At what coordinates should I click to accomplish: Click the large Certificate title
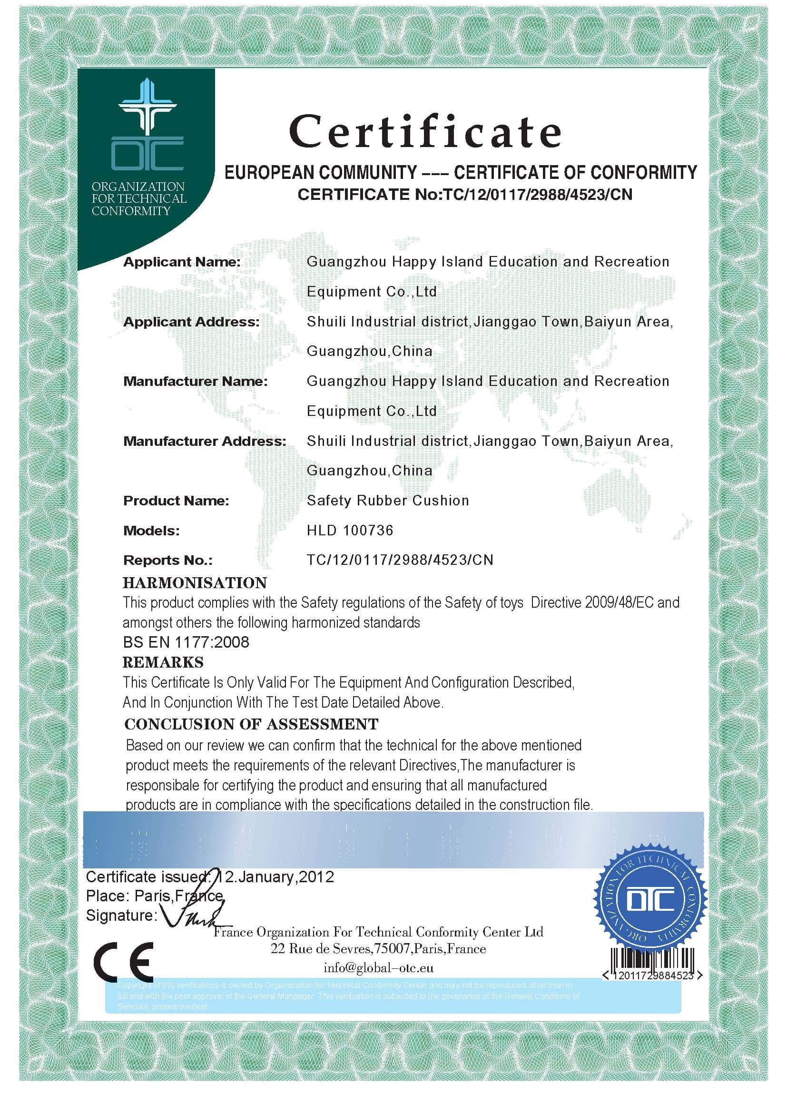coord(425,132)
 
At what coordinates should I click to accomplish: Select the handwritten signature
coord(194,917)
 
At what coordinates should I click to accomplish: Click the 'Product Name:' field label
coord(176,501)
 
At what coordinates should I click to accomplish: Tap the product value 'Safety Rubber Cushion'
coord(388,501)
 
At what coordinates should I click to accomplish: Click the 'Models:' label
coord(151,531)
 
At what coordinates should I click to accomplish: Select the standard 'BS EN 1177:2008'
coord(186,642)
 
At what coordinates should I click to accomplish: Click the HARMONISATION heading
coord(195,583)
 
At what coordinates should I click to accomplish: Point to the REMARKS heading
coord(163,662)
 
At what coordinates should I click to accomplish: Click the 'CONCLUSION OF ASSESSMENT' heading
coord(251,724)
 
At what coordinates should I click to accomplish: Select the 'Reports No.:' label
coord(167,561)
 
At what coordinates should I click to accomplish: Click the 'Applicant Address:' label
coord(191,322)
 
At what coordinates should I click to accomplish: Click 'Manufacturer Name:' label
coord(195,382)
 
